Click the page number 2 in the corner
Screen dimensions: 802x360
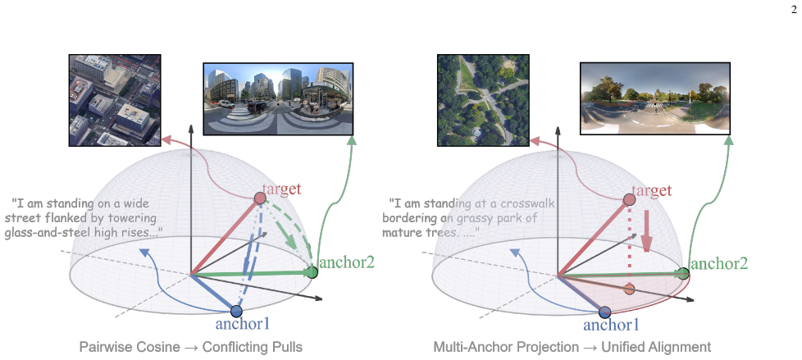[794, 10]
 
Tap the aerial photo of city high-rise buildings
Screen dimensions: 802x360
[115, 100]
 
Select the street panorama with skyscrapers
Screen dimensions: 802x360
[278, 98]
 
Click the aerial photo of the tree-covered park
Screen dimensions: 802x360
[483, 100]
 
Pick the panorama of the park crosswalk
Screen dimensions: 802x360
[654, 98]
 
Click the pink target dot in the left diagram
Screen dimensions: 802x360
[260, 198]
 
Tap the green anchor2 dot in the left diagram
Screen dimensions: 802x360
[312, 272]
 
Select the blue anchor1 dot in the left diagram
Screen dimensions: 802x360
[236, 311]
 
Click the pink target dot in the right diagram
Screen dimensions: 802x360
[630, 199]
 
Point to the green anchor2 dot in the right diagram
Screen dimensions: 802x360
[683, 274]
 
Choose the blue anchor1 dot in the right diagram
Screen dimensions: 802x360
[604, 312]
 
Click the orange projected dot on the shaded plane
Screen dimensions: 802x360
[630, 289]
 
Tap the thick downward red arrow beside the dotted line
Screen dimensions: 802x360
[646, 230]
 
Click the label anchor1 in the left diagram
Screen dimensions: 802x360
[243, 324]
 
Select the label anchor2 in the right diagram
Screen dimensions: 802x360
[718, 263]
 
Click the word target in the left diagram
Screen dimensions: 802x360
[281, 189]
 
